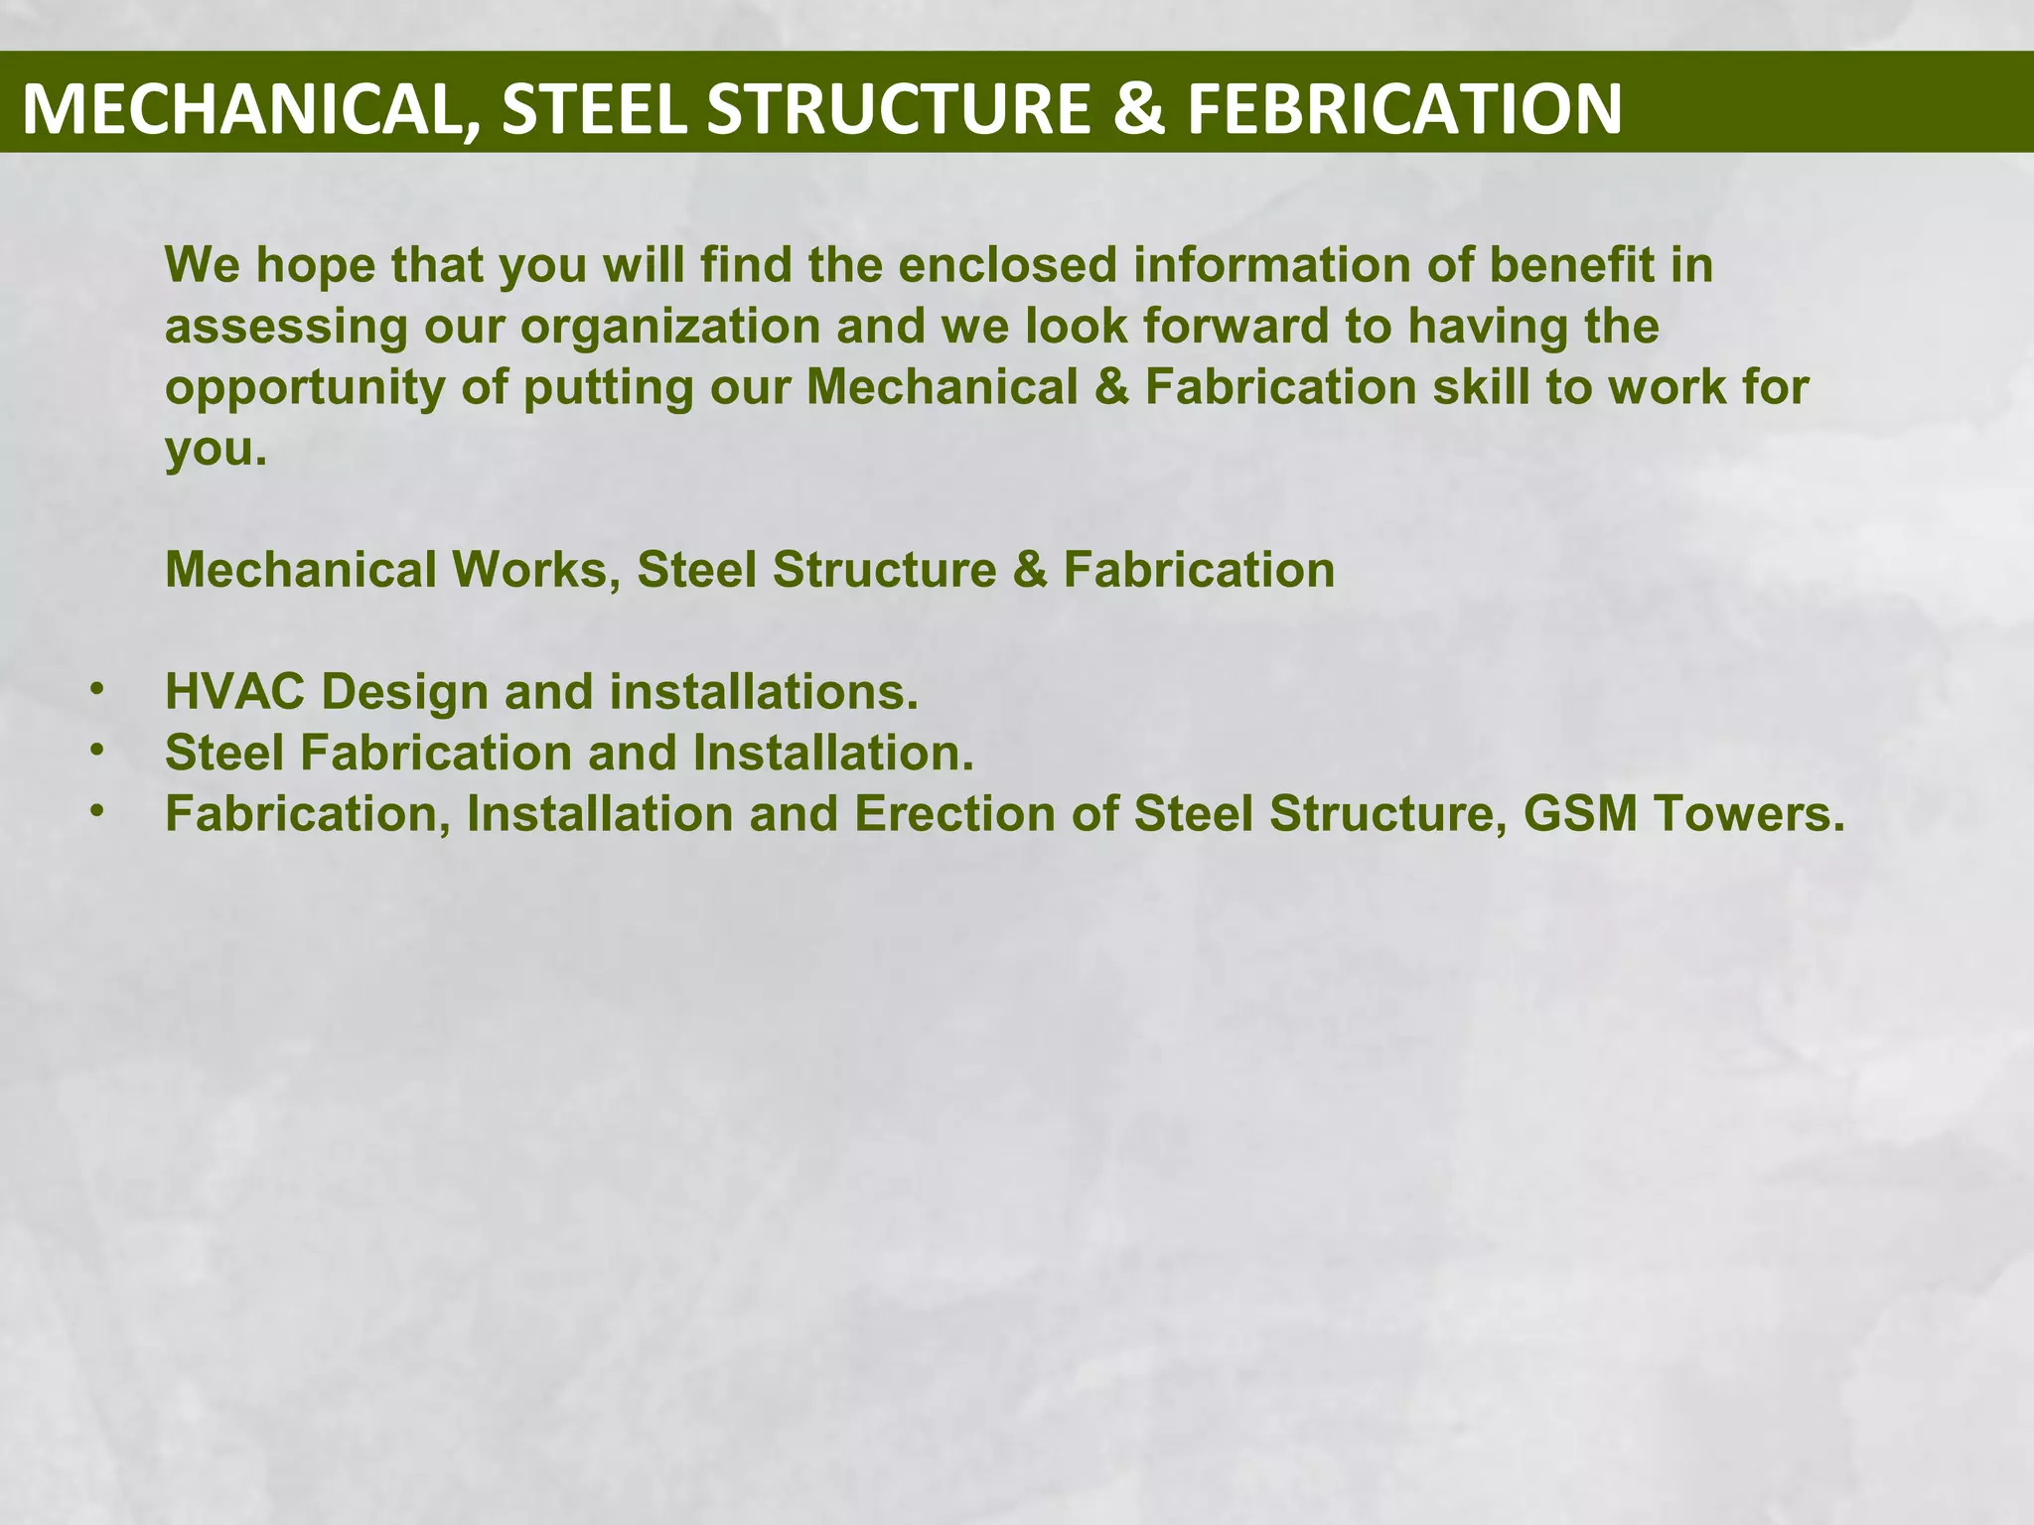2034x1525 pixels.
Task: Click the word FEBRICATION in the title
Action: [x=1404, y=108]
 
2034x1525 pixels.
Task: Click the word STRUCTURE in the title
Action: [x=899, y=108]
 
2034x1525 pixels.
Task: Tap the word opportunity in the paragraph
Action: [x=305, y=388]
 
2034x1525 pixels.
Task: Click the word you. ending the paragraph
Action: [x=216, y=449]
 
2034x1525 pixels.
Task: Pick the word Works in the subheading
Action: [x=536, y=570]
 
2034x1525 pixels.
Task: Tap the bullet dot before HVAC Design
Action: [x=96, y=689]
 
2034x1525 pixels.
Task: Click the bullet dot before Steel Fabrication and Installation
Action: [x=96, y=751]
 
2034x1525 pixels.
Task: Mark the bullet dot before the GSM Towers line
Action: [x=96, y=811]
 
